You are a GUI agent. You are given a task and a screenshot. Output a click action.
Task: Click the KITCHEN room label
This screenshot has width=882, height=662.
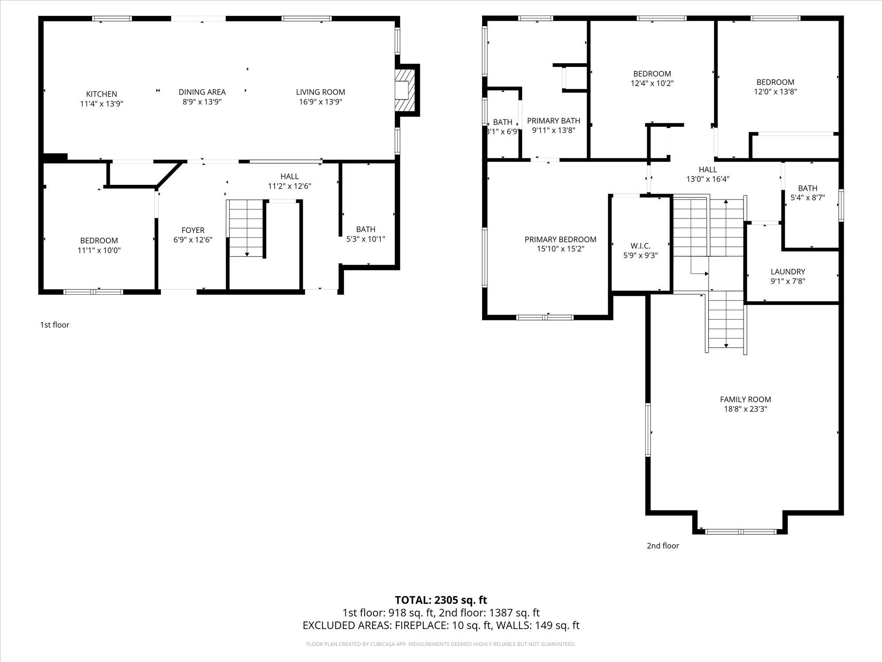point(101,94)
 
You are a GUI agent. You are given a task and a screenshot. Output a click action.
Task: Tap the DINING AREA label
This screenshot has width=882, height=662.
point(202,92)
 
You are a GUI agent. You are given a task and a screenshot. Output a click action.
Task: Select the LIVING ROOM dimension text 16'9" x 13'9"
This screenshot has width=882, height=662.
point(320,102)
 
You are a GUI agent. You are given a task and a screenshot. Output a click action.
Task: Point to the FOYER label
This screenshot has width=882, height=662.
point(193,230)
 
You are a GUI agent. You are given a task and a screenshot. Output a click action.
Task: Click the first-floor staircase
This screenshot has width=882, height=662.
point(246,229)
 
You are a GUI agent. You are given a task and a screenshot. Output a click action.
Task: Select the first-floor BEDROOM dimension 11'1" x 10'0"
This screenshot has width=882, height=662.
point(99,250)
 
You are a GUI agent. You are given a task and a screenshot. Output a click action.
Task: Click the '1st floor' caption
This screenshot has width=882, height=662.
point(55,325)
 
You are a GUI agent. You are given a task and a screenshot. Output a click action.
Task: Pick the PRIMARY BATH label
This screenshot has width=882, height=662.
point(553,120)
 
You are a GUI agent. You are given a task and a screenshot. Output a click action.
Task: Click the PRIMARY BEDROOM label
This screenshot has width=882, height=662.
point(561,239)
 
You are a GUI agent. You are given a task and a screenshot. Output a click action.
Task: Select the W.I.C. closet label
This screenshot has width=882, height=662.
point(640,246)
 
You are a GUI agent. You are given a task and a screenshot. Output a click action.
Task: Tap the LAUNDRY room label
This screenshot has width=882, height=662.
point(788,272)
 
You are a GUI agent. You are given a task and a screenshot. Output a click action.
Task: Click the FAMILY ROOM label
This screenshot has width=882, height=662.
point(746,399)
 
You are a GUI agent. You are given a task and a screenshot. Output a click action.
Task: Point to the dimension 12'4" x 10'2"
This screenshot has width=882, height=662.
point(652,83)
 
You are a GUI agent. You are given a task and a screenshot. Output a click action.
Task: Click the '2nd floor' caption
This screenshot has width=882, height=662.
point(663,545)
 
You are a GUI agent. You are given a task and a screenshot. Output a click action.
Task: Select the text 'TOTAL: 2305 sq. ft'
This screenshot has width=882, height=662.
point(441,600)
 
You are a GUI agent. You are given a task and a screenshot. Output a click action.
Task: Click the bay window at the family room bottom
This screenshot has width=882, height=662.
point(741,531)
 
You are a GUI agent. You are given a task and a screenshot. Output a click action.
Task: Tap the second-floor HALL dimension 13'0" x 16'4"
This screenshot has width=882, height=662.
point(708,179)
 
